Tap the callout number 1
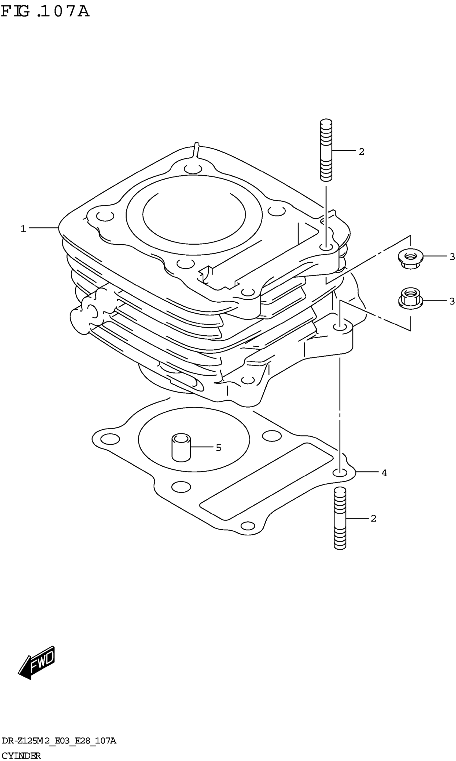tap(23, 229)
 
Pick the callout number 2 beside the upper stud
tap(361, 152)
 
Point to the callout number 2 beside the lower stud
tap(373, 519)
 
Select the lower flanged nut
tap(410, 298)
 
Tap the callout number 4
tap(384, 473)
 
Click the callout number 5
tap(218, 448)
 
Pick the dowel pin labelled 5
tap(181, 447)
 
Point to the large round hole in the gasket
tap(194, 440)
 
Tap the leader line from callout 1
tap(43, 228)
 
